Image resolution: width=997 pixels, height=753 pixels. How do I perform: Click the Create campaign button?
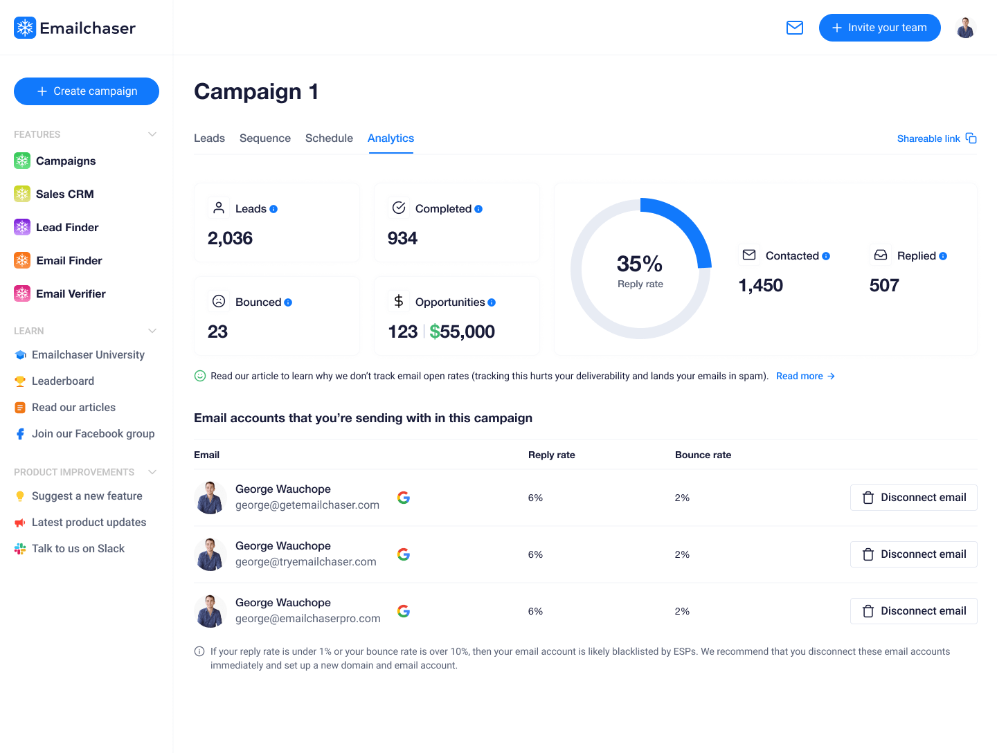[x=87, y=91]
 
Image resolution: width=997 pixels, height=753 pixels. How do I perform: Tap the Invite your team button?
[x=879, y=28]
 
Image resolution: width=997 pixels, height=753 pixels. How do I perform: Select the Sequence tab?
[x=265, y=138]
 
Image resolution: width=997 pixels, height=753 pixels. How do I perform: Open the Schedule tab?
[x=329, y=138]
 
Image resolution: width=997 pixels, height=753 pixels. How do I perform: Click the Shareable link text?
[x=928, y=138]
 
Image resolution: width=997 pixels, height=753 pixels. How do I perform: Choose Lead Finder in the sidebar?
[x=67, y=227]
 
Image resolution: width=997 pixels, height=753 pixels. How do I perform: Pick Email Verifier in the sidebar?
[x=71, y=293]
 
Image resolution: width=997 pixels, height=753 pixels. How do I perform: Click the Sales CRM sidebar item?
[x=64, y=194]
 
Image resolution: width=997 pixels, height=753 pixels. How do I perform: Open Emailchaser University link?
[x=88, y=354]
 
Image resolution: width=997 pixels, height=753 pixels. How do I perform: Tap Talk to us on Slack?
[x=78, y=548]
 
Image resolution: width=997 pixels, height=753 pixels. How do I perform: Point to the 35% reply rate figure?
[x=640, y=264]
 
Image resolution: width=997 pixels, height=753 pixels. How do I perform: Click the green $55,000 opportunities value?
[x=462, y=332]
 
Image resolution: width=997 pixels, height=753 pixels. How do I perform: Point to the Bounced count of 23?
[x=217, y=332]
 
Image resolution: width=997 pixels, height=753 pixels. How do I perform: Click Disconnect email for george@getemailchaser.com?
[x=913, y=498]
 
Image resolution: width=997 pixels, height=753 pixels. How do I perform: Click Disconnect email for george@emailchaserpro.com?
[x=913, y=611]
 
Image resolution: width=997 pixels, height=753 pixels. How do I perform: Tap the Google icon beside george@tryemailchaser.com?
[x=404, y=554]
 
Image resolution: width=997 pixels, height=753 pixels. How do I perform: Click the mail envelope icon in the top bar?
[x=795, y=28]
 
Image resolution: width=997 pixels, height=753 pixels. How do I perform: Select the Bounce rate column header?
[x=703, y=455]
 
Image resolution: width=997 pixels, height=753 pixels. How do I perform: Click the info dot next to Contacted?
[x=826, y=256]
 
